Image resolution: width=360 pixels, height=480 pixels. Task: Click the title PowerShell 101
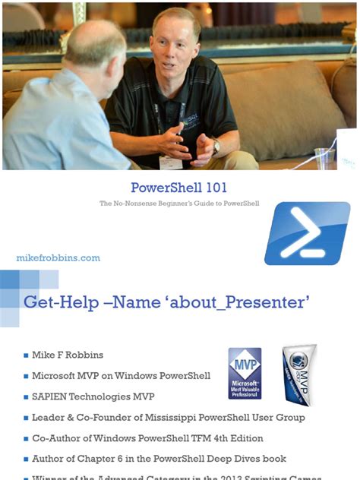click(x=179, y=188)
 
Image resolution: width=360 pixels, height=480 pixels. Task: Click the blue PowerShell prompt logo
click(x=306, y=232)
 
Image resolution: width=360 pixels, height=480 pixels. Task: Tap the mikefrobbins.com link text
click(x=58, y=258)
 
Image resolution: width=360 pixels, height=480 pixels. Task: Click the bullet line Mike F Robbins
click(x=68, y=355)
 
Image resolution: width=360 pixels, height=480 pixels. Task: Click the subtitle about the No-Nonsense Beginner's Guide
click(x=179, y=204)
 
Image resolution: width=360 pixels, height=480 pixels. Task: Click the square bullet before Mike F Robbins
click(x=26, y=355)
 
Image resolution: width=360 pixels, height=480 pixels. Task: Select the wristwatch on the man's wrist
click(x=216, y=147)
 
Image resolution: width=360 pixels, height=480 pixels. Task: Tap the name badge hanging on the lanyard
click(x=172, y=162)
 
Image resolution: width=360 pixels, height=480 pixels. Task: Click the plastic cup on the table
click(x=325, y=157)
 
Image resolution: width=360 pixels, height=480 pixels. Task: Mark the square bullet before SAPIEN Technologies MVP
click(x=26, y=397)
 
